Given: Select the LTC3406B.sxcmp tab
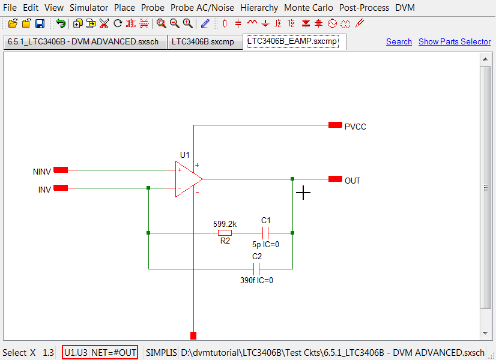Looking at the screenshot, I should pyautogui.click(x=202, y=41).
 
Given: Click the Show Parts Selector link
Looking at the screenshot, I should pyautogui.click(x=454, y=41).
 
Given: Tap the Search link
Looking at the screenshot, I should pyautogui.click(x=399, y=41).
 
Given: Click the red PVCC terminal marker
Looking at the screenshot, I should pyautogui.click(x=335, y=125).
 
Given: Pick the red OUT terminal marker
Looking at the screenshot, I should pyautogui.click(x=335, y=179).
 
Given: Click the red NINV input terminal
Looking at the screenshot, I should pyautogui.click(x=61, y=170).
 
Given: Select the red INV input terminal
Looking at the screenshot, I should pyautogui.click(x=61, y=188).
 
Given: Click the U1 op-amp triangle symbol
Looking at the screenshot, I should pyautogui.click(x=188, y=179).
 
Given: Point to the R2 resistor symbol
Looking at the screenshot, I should pyautogui.click(x=225, y=233).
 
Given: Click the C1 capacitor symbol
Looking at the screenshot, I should pyautogui.click(x=265, y=233).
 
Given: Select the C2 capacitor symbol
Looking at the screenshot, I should pyautogui.click(x=257, y=269).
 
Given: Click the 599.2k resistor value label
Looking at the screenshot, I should pyautogui.click(x=225, y=224).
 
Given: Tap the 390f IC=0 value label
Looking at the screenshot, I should pyautogui.click(x=256, y=280).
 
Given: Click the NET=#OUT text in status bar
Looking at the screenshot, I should pyautogui.click(x=114, y=352).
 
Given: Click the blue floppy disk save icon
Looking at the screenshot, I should pyautogui.click(x=40, y=23).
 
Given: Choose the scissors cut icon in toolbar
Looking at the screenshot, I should pyautogui.click(x=104, y=23).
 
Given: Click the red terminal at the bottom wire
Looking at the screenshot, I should pyautogui.click(x=193, y=335).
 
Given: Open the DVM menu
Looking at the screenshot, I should pyautogui.click(x=405, y=8).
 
